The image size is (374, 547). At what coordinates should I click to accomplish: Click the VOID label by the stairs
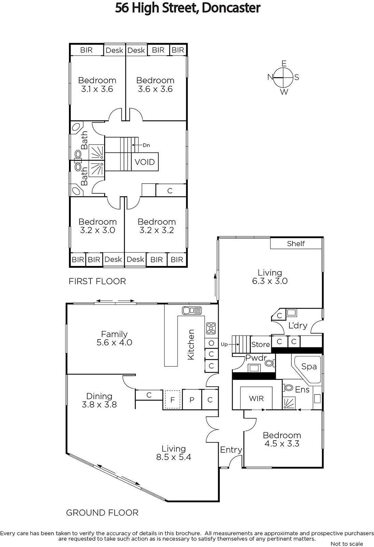coord(145,162)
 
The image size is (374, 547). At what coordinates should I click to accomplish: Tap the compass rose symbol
coord(283,77)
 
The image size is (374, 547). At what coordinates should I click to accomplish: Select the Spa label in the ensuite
coord(309,366)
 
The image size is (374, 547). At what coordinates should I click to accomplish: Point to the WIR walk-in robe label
coord(256,399)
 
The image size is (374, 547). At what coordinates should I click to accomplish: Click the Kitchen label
coord(191,344)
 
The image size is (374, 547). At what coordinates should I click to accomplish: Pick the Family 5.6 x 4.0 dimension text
coord(114,338)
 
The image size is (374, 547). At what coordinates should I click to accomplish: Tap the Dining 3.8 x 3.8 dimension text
coord(99,400)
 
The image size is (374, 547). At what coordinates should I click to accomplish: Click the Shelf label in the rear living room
coord(296,243)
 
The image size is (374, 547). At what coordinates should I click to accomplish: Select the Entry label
coord(231,450)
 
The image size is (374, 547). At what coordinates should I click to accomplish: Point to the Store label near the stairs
coord(260,344)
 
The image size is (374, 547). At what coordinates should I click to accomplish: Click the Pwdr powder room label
coord(256,358)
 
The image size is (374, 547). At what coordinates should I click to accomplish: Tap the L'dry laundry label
coord(298,325)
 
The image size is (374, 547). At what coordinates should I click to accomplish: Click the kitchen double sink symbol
coord(192,311)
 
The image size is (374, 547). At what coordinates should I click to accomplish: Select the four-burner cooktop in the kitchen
coord(211,328)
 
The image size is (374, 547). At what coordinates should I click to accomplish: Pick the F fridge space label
coord(172,400)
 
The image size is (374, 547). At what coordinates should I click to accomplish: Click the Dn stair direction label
coord(146,145)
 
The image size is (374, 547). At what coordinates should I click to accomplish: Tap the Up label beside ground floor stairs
coord(224,345)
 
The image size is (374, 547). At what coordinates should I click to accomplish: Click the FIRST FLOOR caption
coord(97,281)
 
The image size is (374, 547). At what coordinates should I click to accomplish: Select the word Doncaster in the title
coord(231,8)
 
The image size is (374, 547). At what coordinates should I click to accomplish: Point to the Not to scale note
coord(347,544)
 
